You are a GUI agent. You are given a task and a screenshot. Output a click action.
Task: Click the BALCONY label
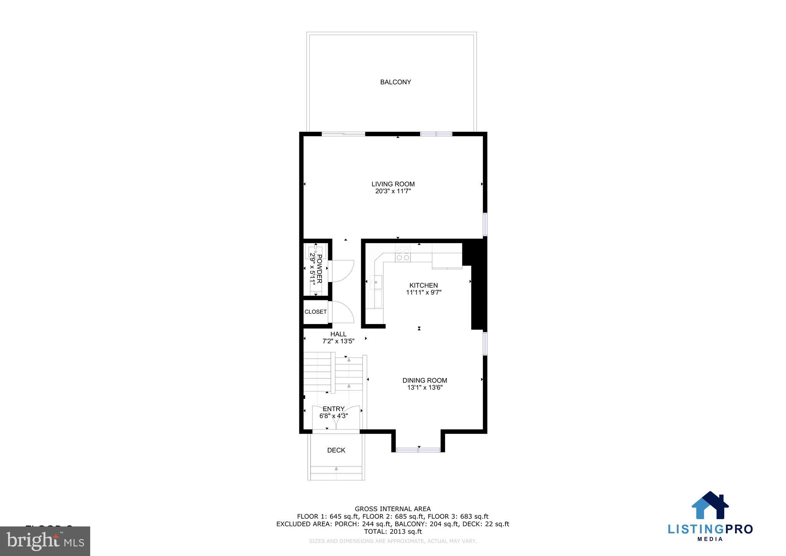(395, 82)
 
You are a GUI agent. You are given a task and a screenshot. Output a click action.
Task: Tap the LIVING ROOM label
(393, 184)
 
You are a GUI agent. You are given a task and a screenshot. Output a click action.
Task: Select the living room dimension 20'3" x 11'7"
(393, 191)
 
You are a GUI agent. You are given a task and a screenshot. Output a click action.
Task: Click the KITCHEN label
(423, 286)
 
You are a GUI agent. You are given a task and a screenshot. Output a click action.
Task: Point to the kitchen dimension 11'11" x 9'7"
(424, 293)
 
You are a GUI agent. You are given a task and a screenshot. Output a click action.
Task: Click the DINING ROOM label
(424, 381)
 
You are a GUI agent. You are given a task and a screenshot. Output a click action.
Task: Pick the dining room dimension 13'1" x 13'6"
(425, 388)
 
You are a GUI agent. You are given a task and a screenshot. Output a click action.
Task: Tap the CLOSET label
(315, 312)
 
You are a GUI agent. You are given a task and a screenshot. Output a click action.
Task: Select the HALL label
(338, 334)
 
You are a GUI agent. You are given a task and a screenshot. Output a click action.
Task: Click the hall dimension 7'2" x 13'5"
(338, 341)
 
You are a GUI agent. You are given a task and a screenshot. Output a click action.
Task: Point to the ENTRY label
(334, 409)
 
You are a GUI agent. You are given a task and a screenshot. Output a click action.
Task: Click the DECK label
(336, 450)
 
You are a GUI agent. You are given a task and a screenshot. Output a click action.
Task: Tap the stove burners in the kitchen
(403, 254)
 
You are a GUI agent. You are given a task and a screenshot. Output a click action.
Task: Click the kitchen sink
(376, 282)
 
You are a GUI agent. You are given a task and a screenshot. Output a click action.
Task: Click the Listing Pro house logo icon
(710, 506)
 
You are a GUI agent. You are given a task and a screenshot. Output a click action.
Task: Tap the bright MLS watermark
(45, 541)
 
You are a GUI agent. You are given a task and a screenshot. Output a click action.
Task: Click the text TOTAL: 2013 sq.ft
(393, 532)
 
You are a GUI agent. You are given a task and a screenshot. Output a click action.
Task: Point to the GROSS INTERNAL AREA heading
(393, 509)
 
